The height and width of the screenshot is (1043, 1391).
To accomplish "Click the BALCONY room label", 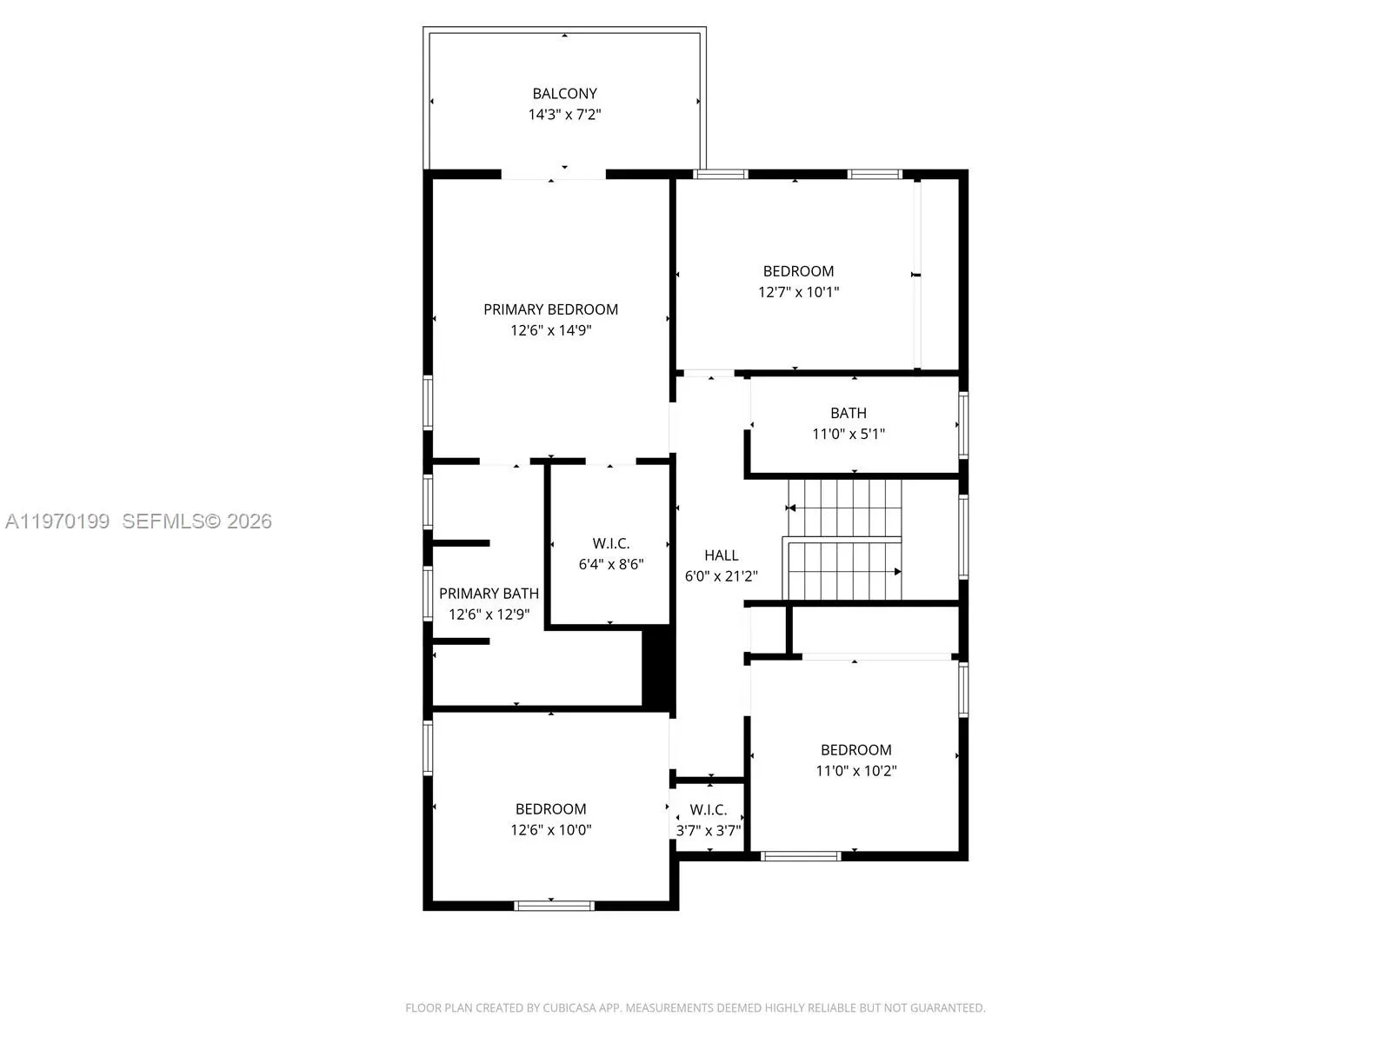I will coord(564,93).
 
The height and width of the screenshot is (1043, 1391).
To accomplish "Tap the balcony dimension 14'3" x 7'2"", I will coord(564,114).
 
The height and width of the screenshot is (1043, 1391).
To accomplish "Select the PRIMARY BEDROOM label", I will coord(550,309).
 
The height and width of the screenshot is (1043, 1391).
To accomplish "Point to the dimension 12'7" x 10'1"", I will coord(798,292).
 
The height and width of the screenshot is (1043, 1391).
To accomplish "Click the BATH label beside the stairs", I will coord(848,413).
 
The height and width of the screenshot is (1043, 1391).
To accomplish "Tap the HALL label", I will coord(721,555).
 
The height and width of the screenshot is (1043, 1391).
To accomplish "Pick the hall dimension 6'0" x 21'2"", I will coord(721,575).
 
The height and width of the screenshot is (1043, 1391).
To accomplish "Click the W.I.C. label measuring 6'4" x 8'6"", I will coord(610,543).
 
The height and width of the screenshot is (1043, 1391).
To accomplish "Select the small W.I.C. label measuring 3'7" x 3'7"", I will coord(709,809).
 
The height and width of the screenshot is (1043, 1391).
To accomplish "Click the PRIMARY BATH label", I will coord(489,594).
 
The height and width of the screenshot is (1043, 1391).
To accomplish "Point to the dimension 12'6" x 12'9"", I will coord(489,615).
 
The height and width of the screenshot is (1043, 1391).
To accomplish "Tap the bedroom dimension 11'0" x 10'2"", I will coord(855,770).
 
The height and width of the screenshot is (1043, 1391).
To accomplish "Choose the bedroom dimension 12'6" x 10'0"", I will coord(550,830).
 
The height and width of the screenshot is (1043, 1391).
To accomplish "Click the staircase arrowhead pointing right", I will coord(896,571).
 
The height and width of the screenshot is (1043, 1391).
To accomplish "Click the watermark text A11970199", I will coord(57,521).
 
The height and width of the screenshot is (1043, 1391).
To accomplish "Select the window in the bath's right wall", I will coord(963,425).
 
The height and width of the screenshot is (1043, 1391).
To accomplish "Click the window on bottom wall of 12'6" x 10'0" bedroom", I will coord(554,906).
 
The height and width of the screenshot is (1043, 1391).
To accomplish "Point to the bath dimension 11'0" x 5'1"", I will coord(848,434).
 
